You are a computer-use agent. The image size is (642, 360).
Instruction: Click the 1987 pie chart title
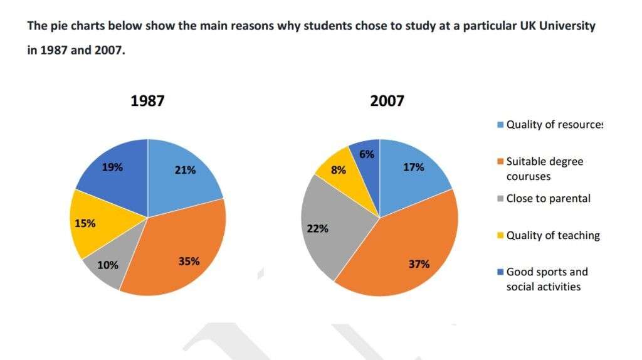tap(147, 101)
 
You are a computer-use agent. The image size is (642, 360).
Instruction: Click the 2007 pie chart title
tap(387, 101)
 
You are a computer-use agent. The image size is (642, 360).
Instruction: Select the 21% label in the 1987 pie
tap(186, 169)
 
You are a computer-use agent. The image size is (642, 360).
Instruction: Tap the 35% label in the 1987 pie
tap(189, 261)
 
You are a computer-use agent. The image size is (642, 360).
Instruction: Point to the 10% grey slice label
tap(107, 265)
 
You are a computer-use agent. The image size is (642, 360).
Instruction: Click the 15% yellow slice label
tap(85, 223)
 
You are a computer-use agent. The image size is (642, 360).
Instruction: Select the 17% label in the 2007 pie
tap(414, 167)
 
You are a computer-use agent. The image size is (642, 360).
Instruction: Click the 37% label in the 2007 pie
tap(419, 264)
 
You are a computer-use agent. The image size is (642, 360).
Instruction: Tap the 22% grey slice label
tap(318, 228)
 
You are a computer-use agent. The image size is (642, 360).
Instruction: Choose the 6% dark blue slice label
tap(367, 154)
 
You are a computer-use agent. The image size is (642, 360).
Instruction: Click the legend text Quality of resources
tap(554, 125)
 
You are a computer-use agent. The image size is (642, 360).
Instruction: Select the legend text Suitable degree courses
tap(544, 169)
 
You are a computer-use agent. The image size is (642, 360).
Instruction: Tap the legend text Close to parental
tap(548, 199)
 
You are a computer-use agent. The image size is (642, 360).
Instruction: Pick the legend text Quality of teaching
tap(552, 235)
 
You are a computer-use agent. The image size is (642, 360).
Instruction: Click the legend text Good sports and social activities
tap(547, 279)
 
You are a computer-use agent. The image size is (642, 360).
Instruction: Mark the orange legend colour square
tap(499, 162)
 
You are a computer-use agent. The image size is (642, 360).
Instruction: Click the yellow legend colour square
tap(499, 236)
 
